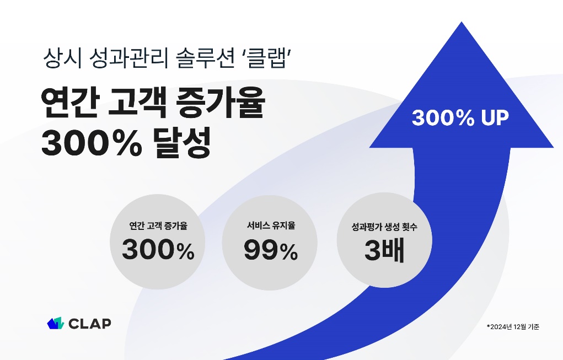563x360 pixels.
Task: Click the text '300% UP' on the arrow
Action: [460, 118]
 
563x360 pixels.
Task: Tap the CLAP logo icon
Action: [56, 324]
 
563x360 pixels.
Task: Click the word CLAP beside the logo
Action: [90, 324]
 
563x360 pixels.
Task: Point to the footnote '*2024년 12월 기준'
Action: [512, 327]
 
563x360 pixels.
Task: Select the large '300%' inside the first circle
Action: [158, 251]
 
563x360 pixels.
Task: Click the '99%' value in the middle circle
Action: [271, 252]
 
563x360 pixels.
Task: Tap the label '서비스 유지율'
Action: [271, 225]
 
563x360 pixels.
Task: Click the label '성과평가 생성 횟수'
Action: [384, 227]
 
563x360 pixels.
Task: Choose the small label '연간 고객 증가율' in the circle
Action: [158, 226]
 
